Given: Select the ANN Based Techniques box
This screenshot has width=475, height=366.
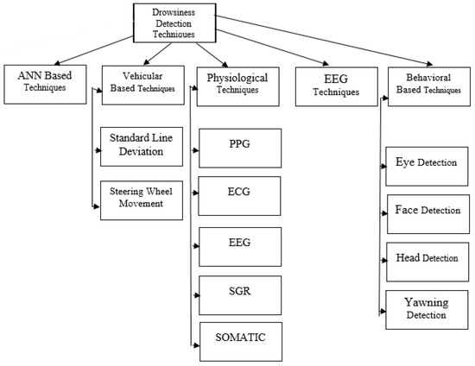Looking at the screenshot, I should click(x=44, y=83).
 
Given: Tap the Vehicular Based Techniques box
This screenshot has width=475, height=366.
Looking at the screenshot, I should click(x=143, y=83).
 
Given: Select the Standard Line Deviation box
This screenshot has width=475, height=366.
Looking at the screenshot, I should click(x=143, y=146).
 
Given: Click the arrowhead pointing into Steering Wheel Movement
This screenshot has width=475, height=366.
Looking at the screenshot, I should click(x=96, y=205).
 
